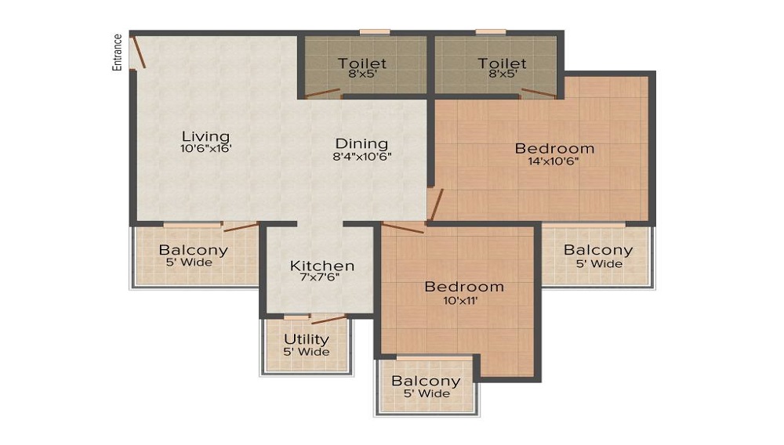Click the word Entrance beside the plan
click(117, 52)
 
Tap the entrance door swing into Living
click(138, 53)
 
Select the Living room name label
click(205, 136)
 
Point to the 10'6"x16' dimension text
click(205, 148)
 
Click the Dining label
click(361, 143)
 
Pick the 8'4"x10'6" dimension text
click(361, 156)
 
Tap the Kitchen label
click(321, 266)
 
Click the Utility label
click(306, 339)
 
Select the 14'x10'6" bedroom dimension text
click(554, 161)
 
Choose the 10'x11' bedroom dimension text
click(463, 299)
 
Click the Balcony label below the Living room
click(194, 250)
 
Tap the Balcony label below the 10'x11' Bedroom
click(426, 381)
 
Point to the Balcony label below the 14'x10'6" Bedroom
click(598, 250)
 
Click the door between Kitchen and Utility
click(328, 319)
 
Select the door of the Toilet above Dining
click(322, 95)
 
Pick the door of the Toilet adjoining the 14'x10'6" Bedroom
click(539, 94)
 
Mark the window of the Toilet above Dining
click(375, 32)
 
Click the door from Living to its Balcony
click(240, 227)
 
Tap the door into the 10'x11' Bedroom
click(403, 228)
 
